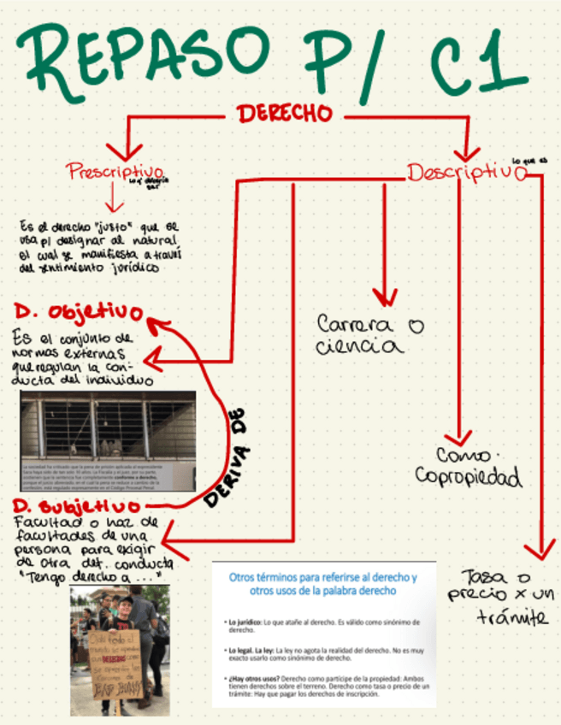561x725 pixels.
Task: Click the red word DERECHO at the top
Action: (285, 114)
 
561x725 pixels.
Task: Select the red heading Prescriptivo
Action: (115, 171)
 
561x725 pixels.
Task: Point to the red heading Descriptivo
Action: (465, 172)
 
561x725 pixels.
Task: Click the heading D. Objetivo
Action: (78, 309)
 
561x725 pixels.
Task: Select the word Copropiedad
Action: (468, 476)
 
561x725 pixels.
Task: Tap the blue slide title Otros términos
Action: (323, 584)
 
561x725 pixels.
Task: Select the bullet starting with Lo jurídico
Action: (323, 625)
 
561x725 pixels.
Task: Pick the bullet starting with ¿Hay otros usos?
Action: (323, 684)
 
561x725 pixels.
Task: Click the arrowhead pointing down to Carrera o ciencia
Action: (385, 298)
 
